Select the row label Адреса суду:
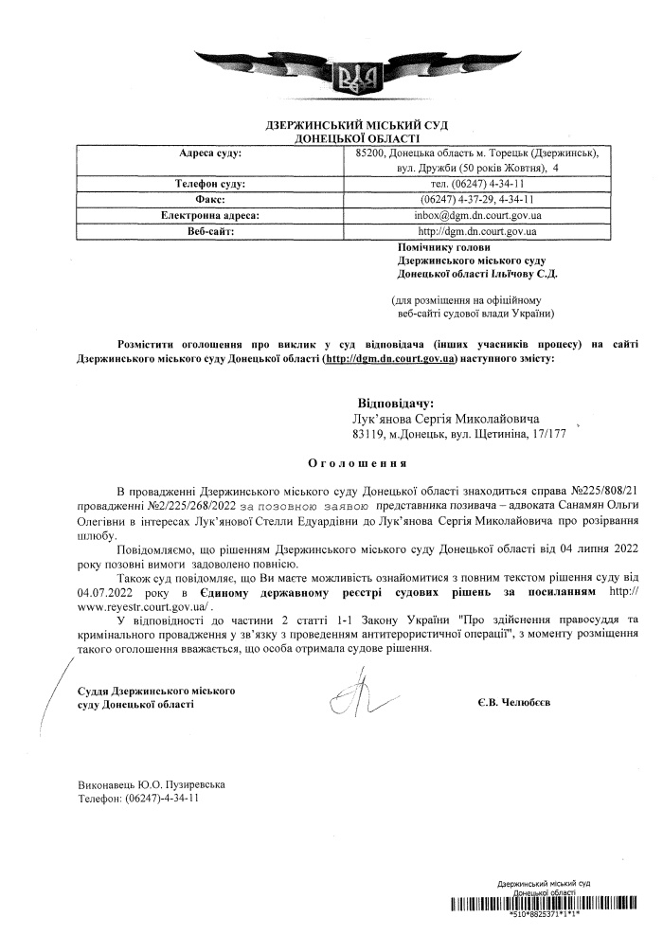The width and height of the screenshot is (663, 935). point(209,153)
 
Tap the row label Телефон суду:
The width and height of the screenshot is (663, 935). point(209,184)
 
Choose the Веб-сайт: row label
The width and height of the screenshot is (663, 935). point(209,230)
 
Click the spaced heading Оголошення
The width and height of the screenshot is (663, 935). point(357,464)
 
